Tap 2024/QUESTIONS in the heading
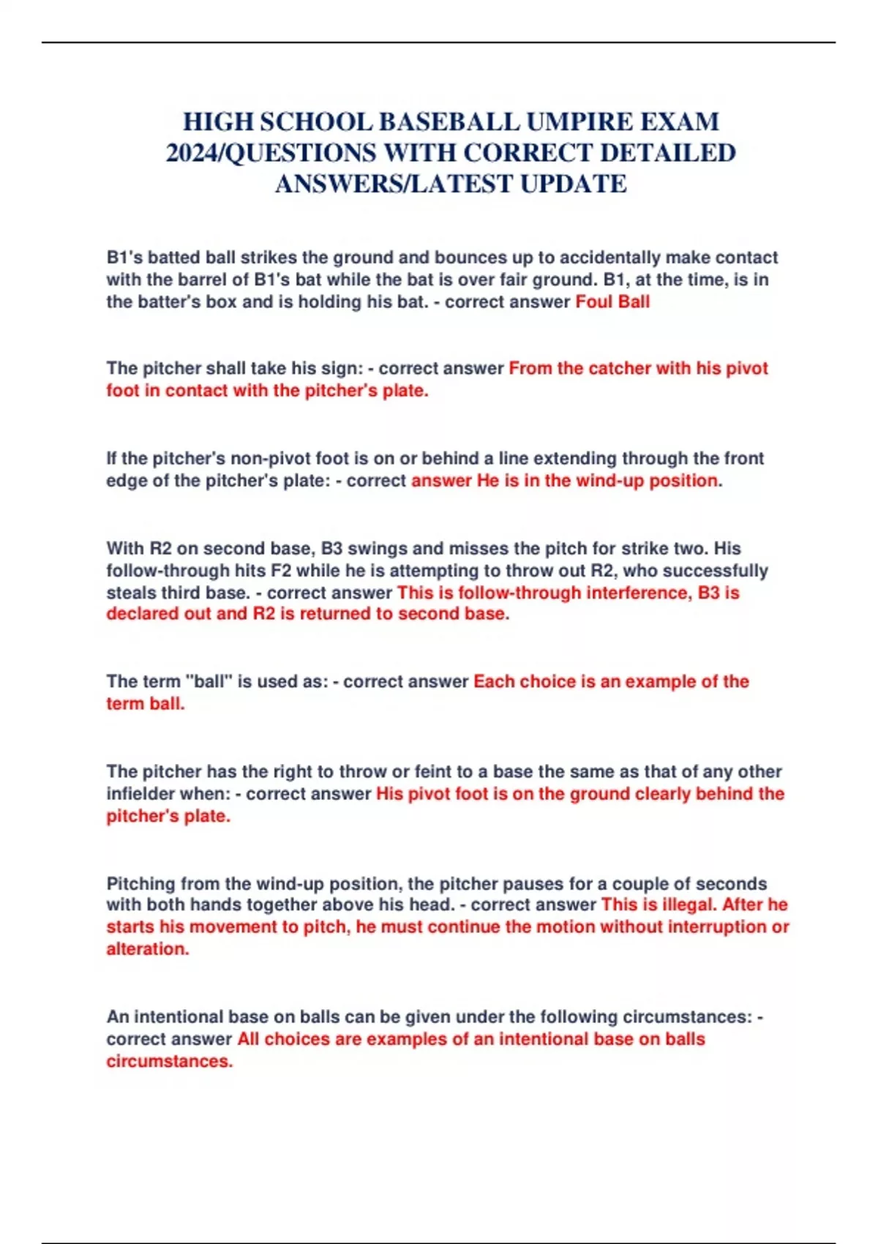(x=269, y=152)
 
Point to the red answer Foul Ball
(x=612, y=301)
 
